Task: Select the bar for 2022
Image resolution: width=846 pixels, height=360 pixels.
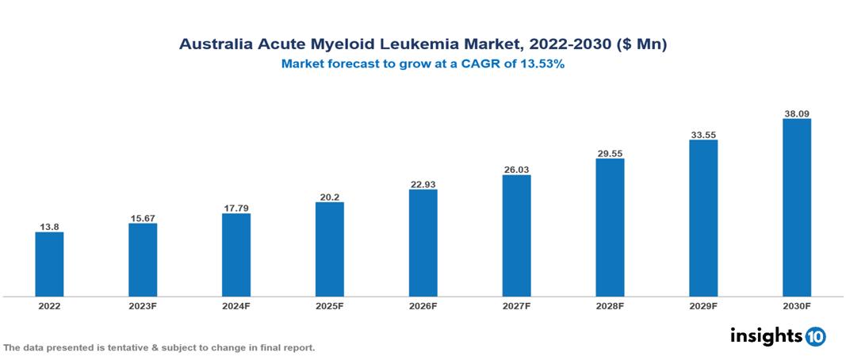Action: tap(49, 264)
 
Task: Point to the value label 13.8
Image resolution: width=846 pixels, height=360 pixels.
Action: tap(49, 227)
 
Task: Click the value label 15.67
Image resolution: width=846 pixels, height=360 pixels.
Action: tap(143, 218)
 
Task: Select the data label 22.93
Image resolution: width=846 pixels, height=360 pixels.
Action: tap(423, 184)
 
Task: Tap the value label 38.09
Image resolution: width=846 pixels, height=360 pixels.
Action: tap(796, 113)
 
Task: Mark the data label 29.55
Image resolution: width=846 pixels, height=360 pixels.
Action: tap(610, 153)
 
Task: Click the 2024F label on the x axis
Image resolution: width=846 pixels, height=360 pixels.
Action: tap(236, 305)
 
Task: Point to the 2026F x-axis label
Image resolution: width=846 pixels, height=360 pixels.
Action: tap(423, 305)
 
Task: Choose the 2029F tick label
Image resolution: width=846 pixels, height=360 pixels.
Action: tap(703, 305)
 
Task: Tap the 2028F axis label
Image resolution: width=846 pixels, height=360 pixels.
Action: tap(610, 305)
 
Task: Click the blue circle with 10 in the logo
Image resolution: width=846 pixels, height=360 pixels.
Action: tap(816, 336)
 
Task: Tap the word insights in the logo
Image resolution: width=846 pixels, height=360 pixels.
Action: tap(766, 335)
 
